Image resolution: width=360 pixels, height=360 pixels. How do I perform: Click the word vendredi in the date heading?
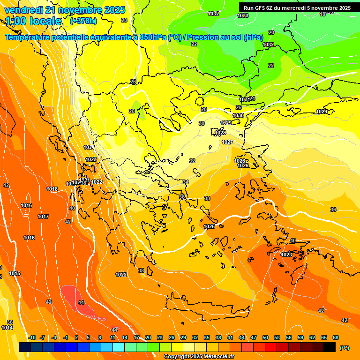(x=23, y=10)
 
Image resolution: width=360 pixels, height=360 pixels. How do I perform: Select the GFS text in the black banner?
(x=261, y=8)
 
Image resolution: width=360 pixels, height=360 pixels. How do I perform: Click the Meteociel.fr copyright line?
(x=199, y=357)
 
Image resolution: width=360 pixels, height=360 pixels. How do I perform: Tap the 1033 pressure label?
(x=243, y=16)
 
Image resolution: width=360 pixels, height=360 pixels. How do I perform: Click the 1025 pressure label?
(x=209, y=227)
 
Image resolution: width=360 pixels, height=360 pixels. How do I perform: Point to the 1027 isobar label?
(x=227, y=142)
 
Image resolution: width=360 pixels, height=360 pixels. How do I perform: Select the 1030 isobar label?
(x=238, y=115)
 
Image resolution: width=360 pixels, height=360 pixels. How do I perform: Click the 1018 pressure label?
(x=52, y=189)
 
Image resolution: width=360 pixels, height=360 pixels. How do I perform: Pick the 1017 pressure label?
(x=43, y=217)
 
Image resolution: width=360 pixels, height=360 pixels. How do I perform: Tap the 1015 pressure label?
(x=15, y=273)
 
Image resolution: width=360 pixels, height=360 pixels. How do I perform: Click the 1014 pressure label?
(x=7, y=328)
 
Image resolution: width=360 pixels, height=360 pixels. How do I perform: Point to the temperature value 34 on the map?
(x=186, y=182)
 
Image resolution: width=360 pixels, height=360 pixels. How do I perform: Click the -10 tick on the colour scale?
(x=32, y=337)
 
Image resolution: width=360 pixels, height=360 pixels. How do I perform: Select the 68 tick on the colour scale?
(x=336, y=337)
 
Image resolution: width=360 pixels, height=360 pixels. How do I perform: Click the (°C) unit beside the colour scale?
(x=344, y=348)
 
